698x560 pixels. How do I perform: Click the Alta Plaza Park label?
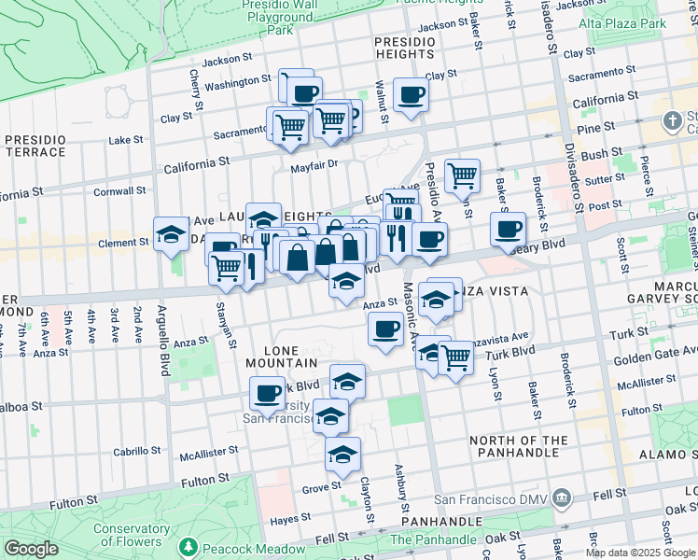point(648,21)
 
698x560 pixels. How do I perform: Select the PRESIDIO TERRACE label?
point(35,145)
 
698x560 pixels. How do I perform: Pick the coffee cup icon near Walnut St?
point(411,93)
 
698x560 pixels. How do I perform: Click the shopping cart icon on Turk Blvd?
point(454,356)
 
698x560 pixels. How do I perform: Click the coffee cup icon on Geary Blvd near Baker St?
point(508,228)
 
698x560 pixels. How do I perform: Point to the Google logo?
point(31,549)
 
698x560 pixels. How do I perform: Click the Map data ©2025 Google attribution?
point(640,553)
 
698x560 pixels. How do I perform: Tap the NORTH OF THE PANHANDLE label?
point(531,447)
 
